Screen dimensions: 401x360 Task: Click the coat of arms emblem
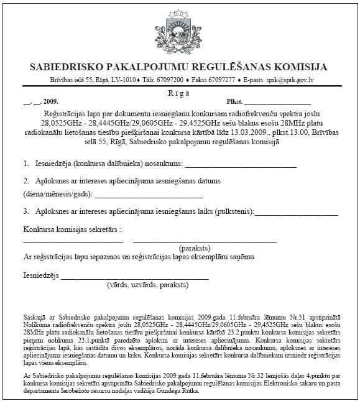[180, 30]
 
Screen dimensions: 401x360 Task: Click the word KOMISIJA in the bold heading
[298, 67]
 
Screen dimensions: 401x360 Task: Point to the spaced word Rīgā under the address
[180, 91]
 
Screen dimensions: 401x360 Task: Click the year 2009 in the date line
[50, 101]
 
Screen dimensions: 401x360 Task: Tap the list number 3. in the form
[27, 212]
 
